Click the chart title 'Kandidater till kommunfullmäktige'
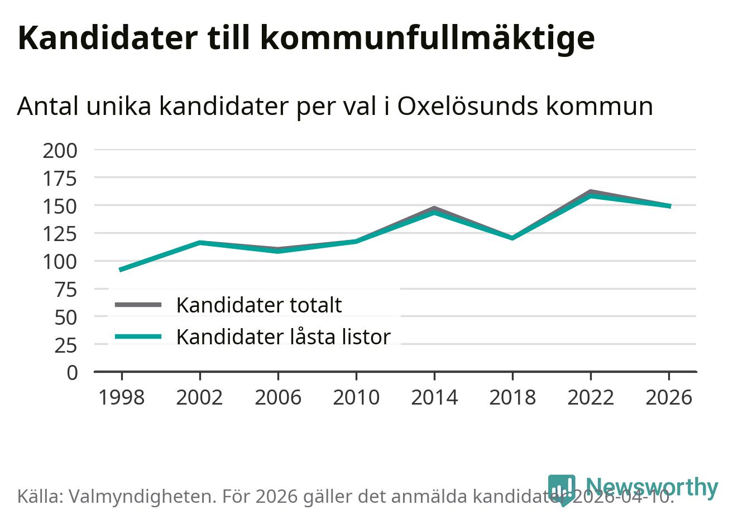point(306,38)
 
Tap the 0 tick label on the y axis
point(73,372)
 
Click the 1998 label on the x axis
point(121,398)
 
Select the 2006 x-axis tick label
point(277,398)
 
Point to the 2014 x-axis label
point(434,398)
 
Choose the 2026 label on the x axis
point(668,398)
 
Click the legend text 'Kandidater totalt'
point(258,305)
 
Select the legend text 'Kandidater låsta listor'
point(283,336)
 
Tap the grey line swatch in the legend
point(138,305)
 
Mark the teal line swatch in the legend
point(138,336)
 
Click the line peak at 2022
point(590,194)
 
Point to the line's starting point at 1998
point(121,270)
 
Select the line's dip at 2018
point(512,238)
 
